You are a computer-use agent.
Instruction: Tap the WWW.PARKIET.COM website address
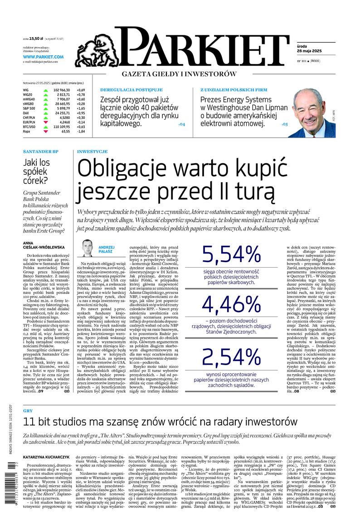pyautogui.click(x=43, y=57)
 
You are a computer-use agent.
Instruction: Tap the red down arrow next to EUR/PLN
pyautogui.click(x=46, y=122)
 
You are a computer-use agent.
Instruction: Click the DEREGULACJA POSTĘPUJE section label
pyautogui.click(x=125, y=90)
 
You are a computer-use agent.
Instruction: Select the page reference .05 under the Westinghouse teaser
pyautogui.click(x=284, y=124)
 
